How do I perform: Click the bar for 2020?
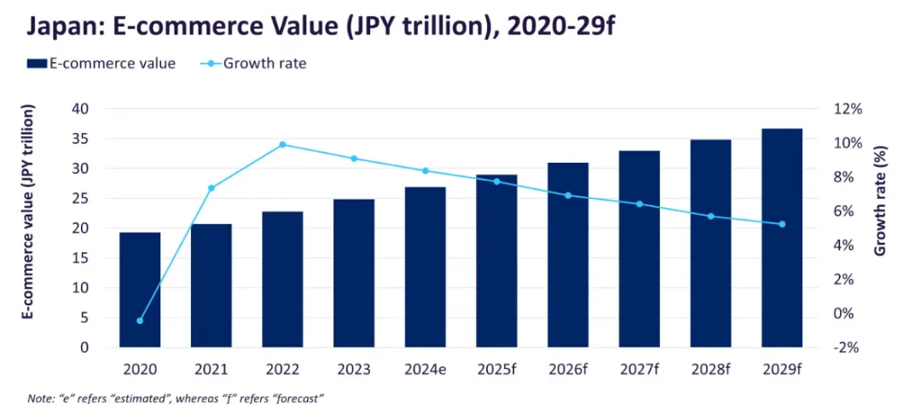pyautogui.click(x=140, y=290)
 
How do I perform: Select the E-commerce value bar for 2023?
pyautogui.click(x=354, y=273)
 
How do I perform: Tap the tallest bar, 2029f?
pyautogui.click(x=782, y=238)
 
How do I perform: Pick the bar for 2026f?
pyautogui.click(x=568, y=255)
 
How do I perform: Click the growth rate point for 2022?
pyautogui.click(x=283, y=145)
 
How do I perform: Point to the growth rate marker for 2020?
pyautogui.click(x=140, y=320)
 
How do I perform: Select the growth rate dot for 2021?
pyautogui.click(x=211, y=188)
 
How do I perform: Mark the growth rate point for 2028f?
pyautogui.click(x=710, y=216)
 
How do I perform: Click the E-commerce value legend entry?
pyautogui.click(x=101, y=63)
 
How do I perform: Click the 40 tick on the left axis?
pyautogui.click(x=81, y=109)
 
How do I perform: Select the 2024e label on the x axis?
pyautogui.click(x=425, y=370)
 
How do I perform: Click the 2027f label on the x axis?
pyautogui.click(x=639, y=370)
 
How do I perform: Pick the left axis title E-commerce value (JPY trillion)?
pyautogui.click(x=31, y=213)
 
